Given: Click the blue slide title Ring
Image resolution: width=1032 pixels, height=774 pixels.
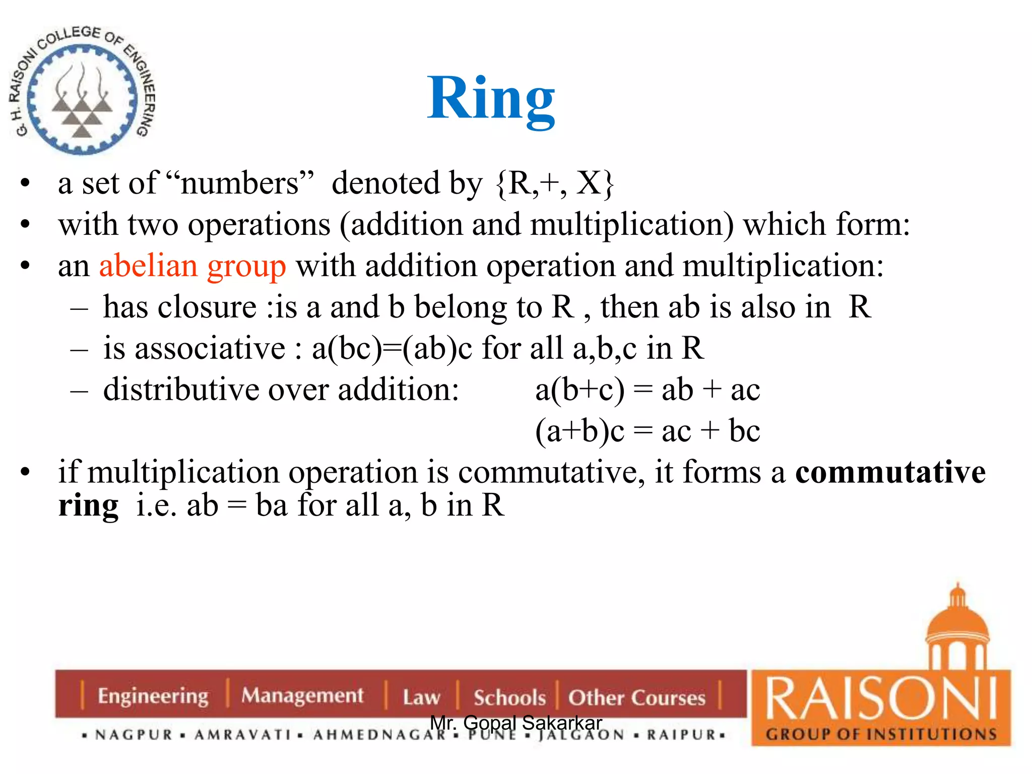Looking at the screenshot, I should [x=491, y=99].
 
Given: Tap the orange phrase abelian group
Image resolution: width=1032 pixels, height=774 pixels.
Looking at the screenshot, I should [x=192, y=266].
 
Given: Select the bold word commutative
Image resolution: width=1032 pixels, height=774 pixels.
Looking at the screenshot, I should [x=890, y=472].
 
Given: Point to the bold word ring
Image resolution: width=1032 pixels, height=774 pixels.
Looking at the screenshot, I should [x=88, y=505].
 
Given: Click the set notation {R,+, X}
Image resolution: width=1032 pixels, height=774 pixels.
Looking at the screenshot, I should [x=554, y=183].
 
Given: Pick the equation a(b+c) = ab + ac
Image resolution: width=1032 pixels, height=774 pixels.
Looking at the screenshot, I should [x=647, y=390].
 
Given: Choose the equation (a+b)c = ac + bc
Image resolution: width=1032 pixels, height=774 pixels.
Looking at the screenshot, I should [x=647, y=431].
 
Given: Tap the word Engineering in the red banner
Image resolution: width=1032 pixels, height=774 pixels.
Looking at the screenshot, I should [x=153, y=696].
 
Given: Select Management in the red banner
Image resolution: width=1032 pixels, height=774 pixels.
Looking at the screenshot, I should [x=302, y=695].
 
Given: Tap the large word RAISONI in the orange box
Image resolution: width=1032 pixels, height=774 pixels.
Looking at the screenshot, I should [x=881, y=699].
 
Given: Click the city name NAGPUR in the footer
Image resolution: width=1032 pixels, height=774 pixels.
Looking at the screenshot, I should [x=134, y=735].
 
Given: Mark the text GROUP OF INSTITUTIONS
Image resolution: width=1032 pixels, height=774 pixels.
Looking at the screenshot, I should [x=881, y=734].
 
